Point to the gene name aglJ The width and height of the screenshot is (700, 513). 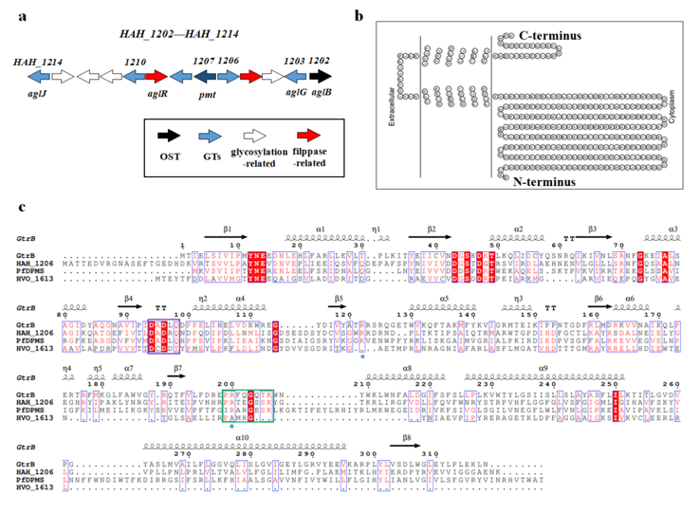[35, 92]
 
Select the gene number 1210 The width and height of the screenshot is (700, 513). [135, 61]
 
